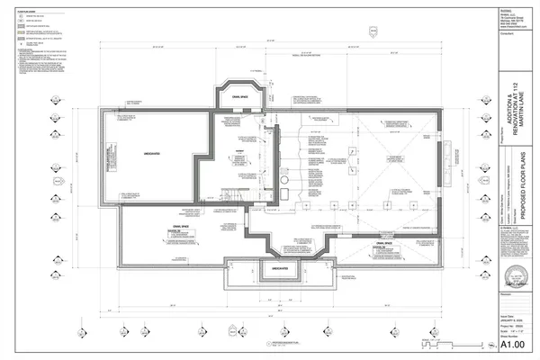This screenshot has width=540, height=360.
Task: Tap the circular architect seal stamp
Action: click(x=517, y=274)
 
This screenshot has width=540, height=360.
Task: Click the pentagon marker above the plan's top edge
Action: click(x=373, y=33)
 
